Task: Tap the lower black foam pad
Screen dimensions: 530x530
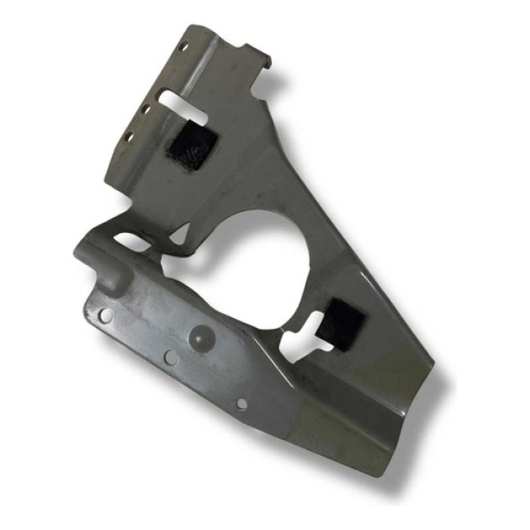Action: tap(337, 322)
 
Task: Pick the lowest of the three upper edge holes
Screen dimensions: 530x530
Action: tap(130, 136)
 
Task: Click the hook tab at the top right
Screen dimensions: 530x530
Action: tap(261, 64)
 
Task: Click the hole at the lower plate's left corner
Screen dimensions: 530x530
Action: tap(105, 314)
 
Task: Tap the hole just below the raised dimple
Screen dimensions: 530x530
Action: tap(169, 358)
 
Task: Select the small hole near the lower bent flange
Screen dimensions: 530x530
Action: tap(242, 404)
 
